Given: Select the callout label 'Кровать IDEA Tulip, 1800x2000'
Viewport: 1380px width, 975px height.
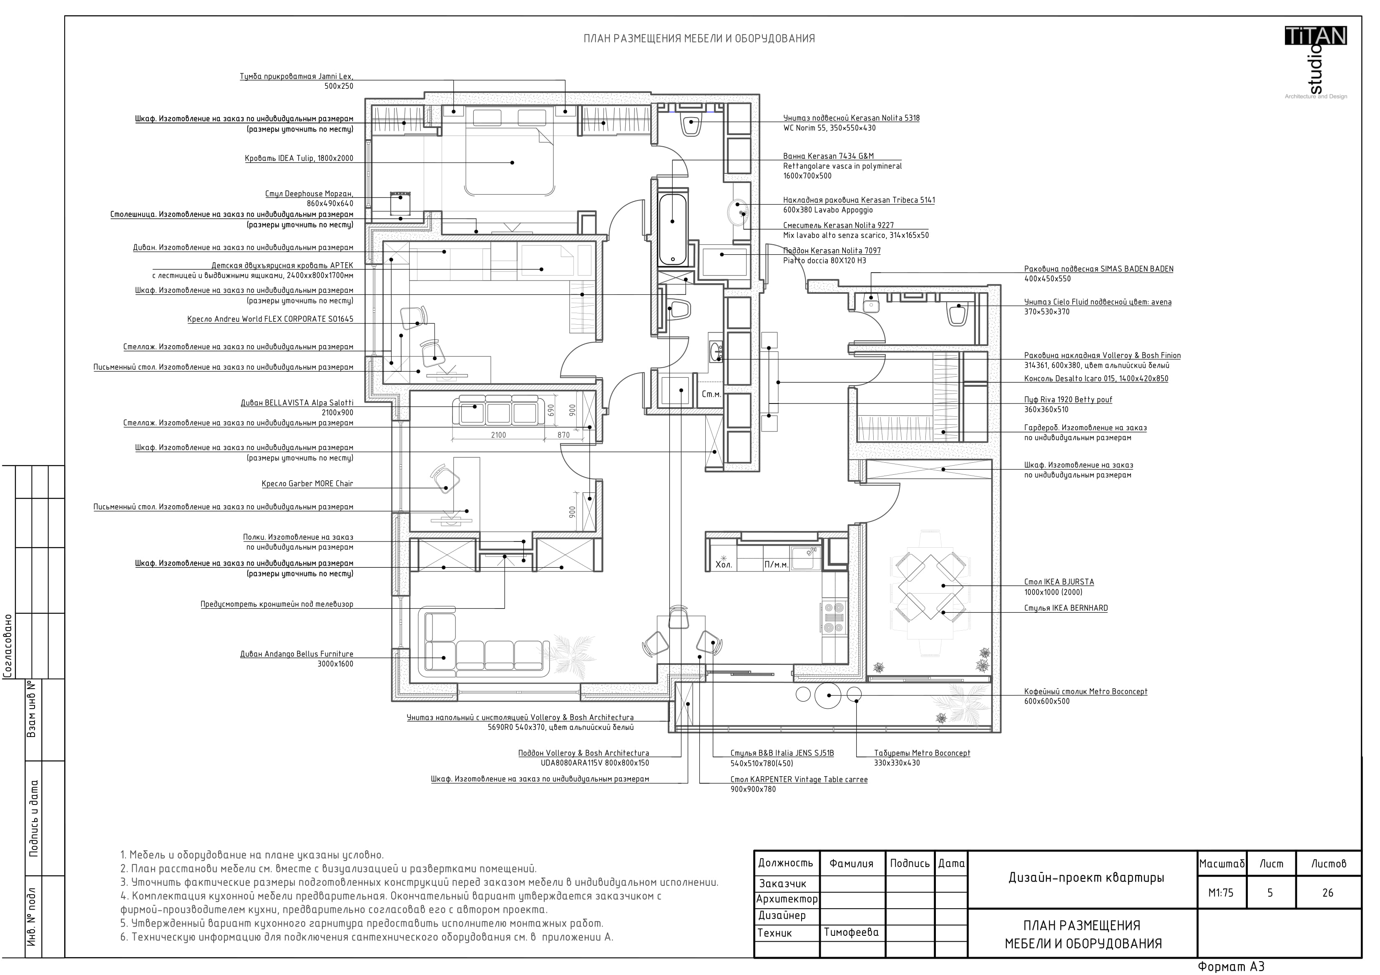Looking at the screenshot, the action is [x=299, y=158].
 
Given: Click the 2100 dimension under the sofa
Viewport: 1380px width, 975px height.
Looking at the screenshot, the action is [x=498, y=435].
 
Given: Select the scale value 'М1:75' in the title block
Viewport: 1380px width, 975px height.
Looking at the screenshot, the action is [x=1221, y=893].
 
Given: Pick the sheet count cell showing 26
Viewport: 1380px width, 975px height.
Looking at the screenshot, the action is [x=1328, y=893].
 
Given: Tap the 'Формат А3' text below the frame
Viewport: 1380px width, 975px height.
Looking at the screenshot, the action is [x=1232, y=967].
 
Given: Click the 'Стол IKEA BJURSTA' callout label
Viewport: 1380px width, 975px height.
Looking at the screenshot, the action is [x=1059, y=582].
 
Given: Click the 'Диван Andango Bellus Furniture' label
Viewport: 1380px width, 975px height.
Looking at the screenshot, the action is [x=297, y=654].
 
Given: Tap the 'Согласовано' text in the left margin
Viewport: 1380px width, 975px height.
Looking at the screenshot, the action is [x=8, y=645].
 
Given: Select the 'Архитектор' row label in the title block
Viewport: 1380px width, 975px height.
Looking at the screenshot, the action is [x=787, y=899].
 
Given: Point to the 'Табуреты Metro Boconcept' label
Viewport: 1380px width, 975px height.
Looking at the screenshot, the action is [x=922, y=753].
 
